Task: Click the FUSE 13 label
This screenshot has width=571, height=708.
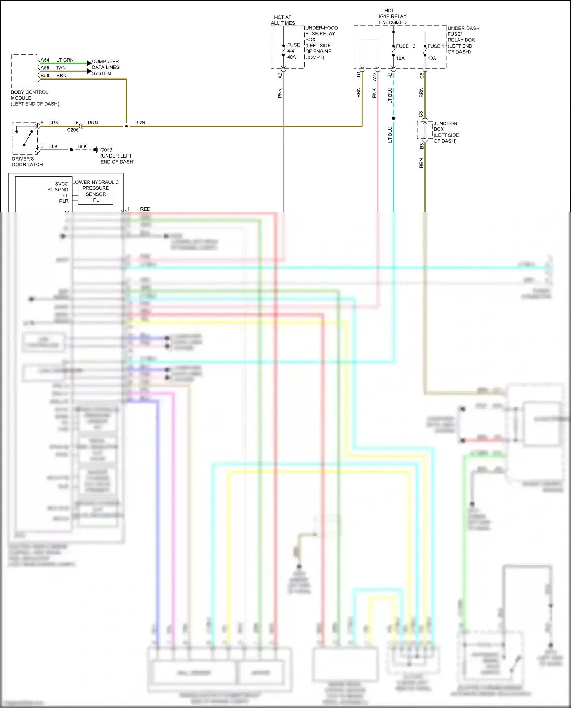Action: [405, 46]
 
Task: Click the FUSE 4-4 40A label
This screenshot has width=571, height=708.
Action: [293, 51]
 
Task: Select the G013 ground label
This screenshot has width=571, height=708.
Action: [106, 150]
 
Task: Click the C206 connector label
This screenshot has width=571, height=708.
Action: [73, 130]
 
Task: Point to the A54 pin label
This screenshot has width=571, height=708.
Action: [45, 60]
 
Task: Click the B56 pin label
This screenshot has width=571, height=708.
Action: [45, 76]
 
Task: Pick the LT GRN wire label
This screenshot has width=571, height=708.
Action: [65, 60]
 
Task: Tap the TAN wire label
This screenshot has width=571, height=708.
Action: [61, 68]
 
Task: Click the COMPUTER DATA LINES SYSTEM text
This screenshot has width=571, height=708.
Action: [105, 67]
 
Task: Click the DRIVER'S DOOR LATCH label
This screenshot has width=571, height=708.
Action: [27, 162]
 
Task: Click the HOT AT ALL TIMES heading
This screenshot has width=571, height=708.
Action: [283, 20]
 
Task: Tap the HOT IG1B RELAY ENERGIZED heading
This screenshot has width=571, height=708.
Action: [392, 16]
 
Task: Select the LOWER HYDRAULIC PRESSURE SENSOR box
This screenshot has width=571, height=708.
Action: [96, 191]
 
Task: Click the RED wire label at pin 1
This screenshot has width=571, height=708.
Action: [145, 209]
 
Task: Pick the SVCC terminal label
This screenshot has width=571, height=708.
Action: [61, 184]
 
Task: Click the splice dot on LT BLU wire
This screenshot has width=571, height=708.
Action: [394, 118]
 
